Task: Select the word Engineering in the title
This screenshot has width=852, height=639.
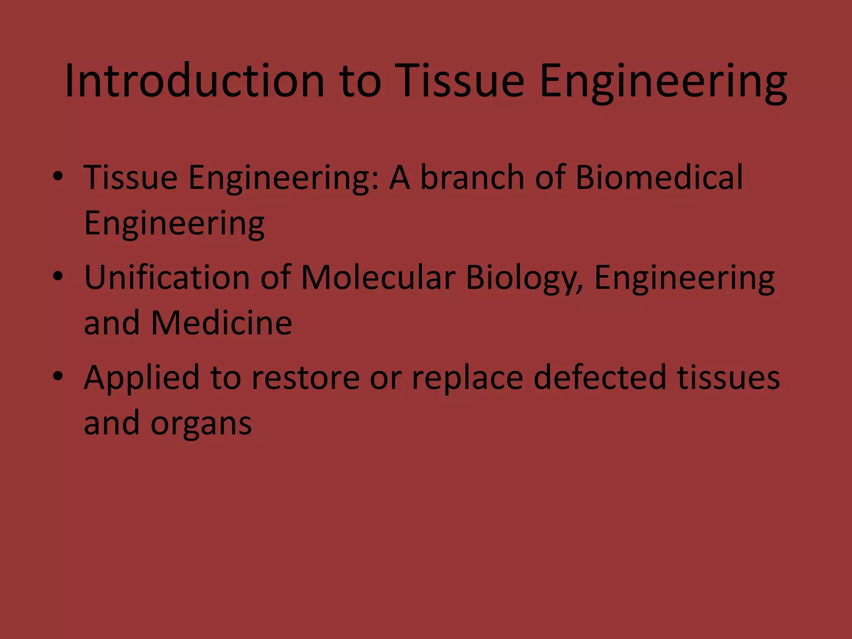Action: click(663, 82)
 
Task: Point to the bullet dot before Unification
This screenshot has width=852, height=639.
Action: click(58, 277)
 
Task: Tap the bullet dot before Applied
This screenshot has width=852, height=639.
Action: click(58, 376)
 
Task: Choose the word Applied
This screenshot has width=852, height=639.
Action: click(142, 378)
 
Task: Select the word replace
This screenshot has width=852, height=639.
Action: click(467, 378)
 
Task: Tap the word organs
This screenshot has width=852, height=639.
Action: click(201, 424)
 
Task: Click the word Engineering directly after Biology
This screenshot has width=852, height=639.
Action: click(684, 279)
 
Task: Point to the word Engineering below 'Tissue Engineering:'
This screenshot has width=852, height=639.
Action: click(174, 224)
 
